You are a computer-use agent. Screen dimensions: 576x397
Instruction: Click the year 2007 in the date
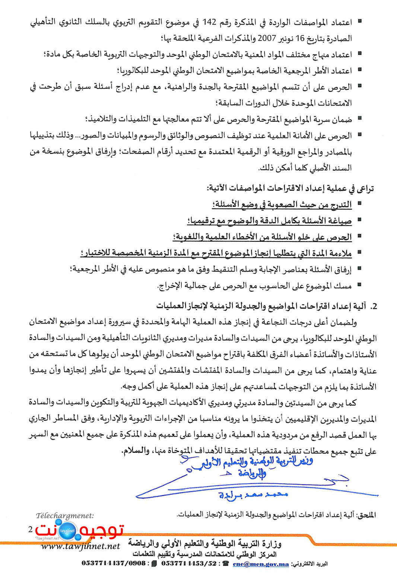[x=267, y=38]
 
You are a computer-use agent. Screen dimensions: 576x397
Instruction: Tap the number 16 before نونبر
[x=300, y=38]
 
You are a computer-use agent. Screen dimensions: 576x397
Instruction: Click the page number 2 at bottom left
[x=31, y=529]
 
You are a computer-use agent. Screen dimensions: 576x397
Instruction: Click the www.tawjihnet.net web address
[x=80, y=546]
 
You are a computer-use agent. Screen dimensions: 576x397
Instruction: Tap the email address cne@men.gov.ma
[x=261, y=564]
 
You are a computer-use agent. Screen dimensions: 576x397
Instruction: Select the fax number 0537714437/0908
[x=114, y=563]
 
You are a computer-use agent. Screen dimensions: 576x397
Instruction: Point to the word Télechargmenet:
[x=65, y=516]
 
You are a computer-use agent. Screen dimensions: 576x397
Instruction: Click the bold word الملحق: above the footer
[x=366, y=515]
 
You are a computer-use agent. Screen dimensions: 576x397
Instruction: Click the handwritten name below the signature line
[x=253, y=495]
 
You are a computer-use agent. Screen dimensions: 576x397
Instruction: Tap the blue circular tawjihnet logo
[x=67, y=530]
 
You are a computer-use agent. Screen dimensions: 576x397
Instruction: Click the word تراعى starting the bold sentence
[x=365, y=189]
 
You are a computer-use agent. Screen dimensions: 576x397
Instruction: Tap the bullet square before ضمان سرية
[x=360, y=118]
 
